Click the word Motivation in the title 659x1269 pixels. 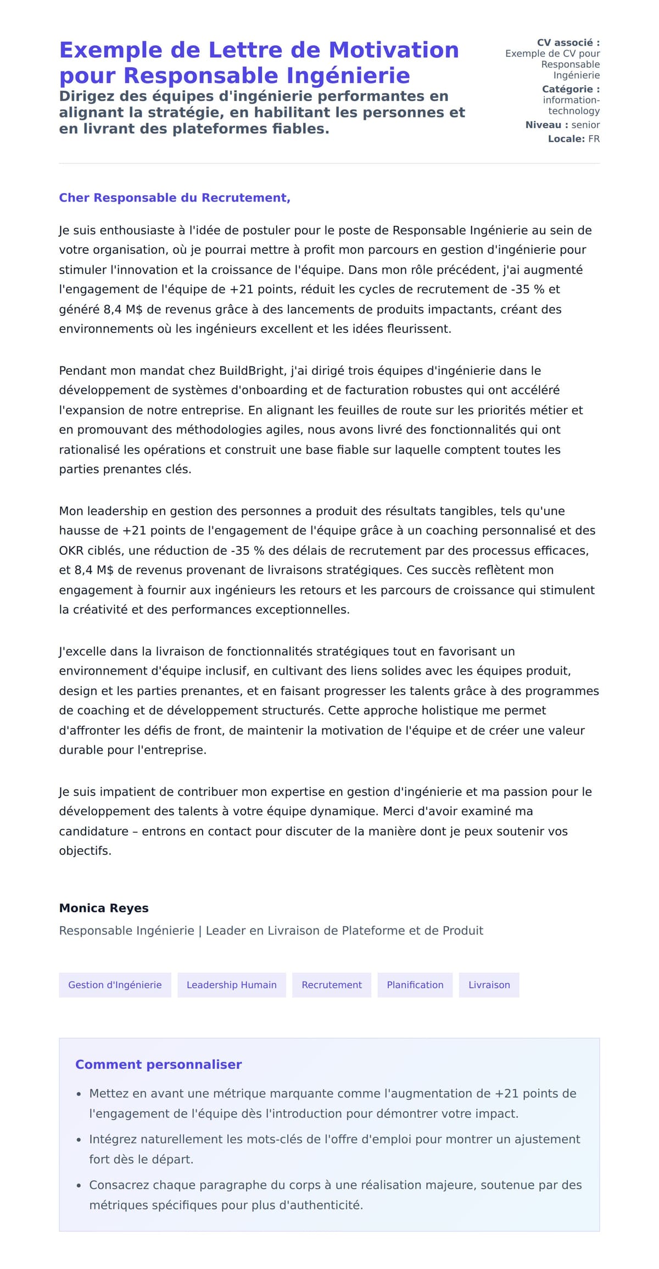click(393, 50)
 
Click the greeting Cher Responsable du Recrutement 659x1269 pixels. click(174, 198)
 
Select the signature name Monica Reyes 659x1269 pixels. click(104, 908)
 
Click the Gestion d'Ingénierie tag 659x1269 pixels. click(115, 985)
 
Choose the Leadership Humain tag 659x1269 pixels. click(231, 985)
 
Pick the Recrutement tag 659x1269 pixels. click(332, 985)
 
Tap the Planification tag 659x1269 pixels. click(415, 985)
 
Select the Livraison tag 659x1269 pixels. click(489, 985)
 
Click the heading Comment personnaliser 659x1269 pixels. click(158, 1065)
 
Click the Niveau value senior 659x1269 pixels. click(585, 125)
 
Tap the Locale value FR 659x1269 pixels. click(594, 139)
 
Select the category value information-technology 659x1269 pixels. click(571, 105)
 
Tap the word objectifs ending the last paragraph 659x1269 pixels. click(85, 851)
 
